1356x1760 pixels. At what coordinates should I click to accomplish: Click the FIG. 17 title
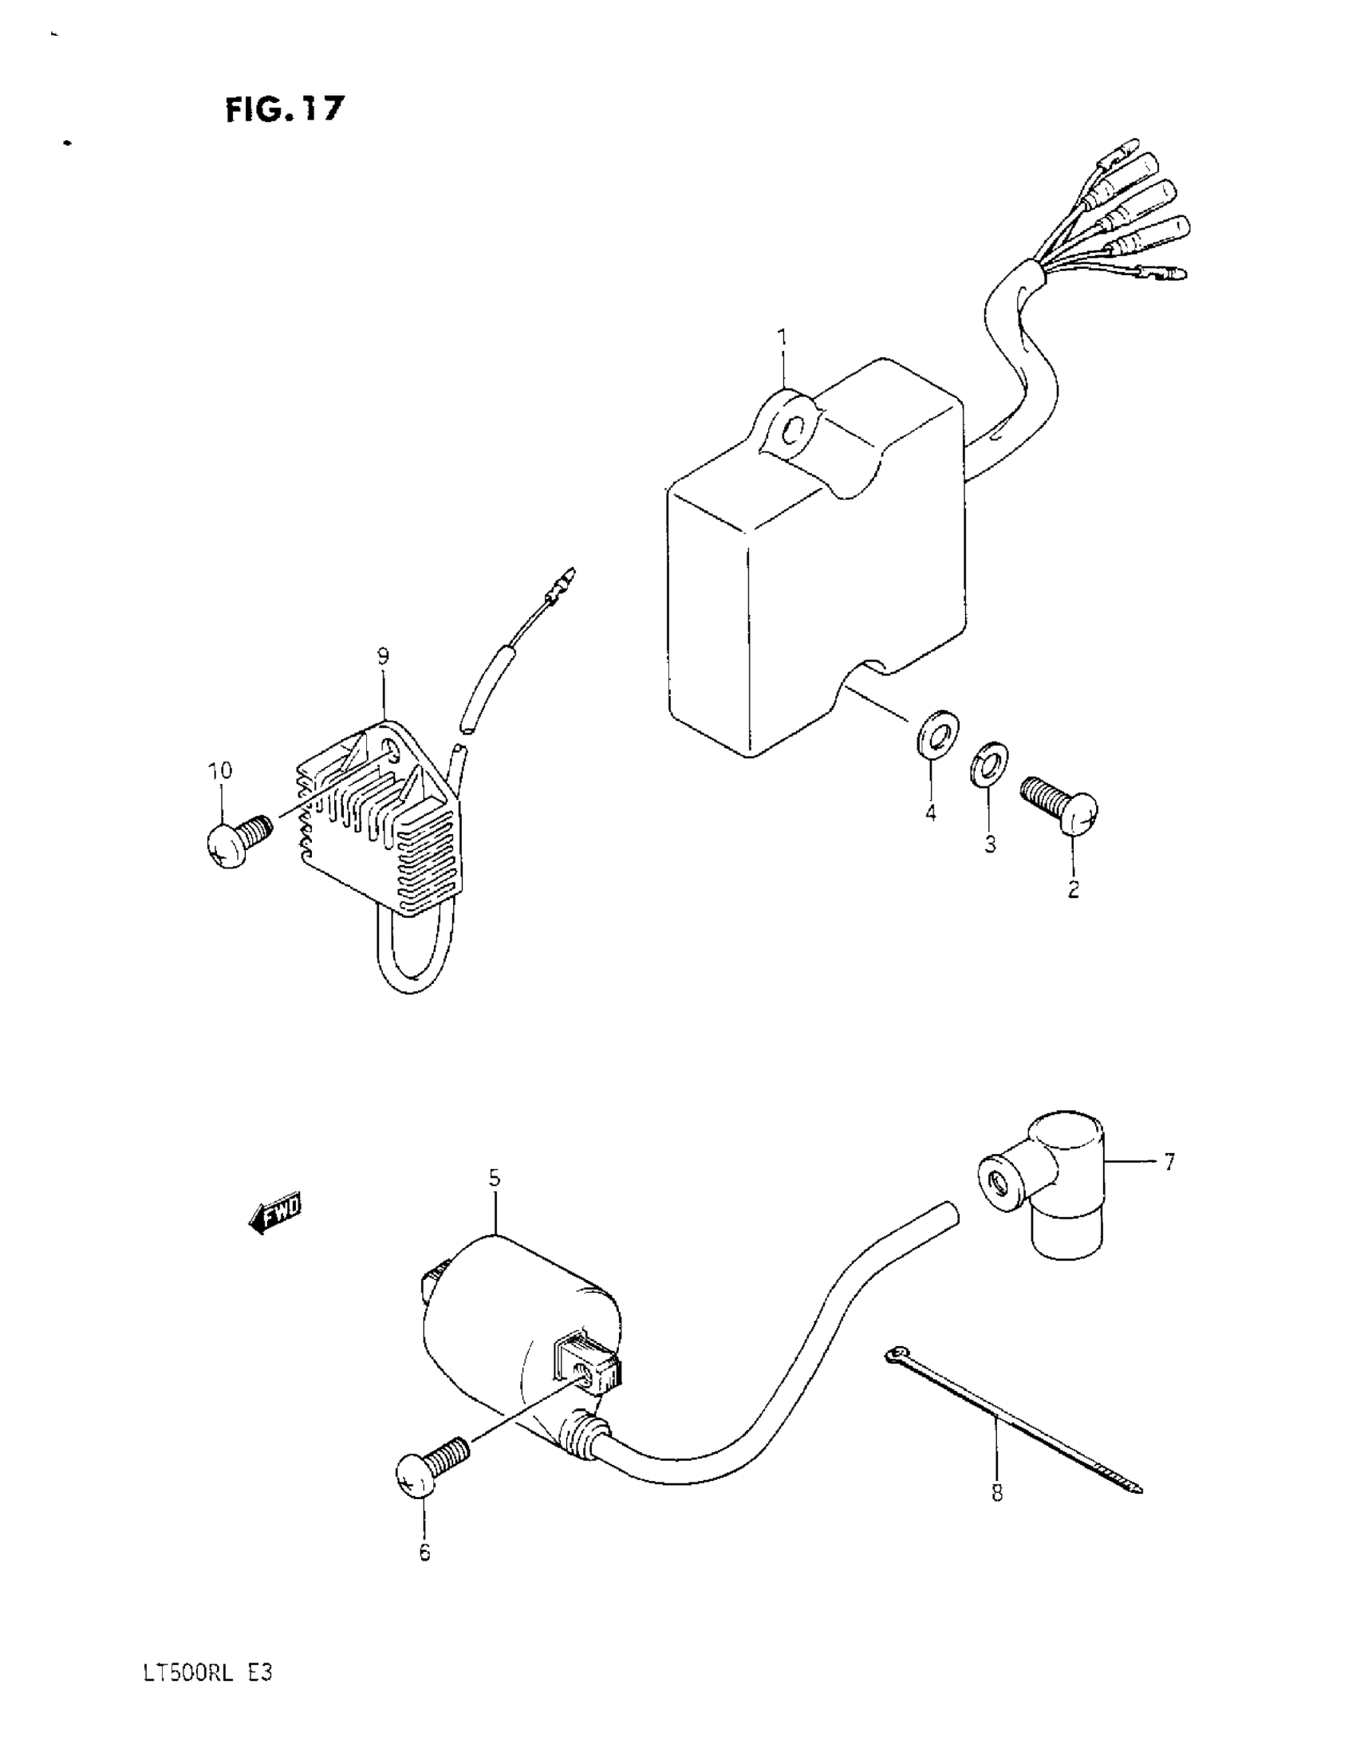click(284, 108)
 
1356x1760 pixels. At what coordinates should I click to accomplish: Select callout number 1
click(781, 337)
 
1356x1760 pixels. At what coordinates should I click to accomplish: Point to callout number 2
click(1073, 890)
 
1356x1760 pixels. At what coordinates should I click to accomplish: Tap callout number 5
click(495, 1177)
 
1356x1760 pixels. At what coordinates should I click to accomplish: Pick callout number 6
click(425, 1550)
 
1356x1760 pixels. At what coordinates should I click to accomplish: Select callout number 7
click(1169, 1161)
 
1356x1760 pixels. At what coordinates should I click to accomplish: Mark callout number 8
click(997, 1493)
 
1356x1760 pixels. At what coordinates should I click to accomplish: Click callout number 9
click(382, 656)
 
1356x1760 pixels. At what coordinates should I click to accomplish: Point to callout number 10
click(220, 770)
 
